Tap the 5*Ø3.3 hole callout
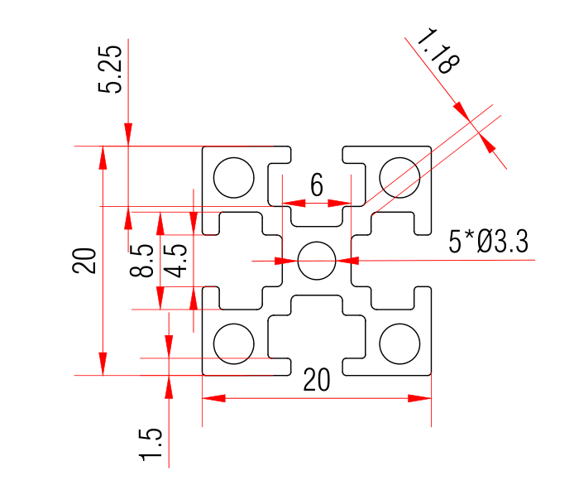[x=488, y=242]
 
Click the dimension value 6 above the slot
[x=317, y=185]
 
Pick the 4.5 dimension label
[x=176, y=260]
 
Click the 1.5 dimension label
[x=151, y=444]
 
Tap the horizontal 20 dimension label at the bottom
[x=317, y=379]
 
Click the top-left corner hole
[x=233, y=177]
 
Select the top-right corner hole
[x=399, y=177]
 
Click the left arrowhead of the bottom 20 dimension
[x=214, y=398]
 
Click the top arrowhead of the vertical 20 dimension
[x=103, y=157]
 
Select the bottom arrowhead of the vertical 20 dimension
[x=103, y=363]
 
